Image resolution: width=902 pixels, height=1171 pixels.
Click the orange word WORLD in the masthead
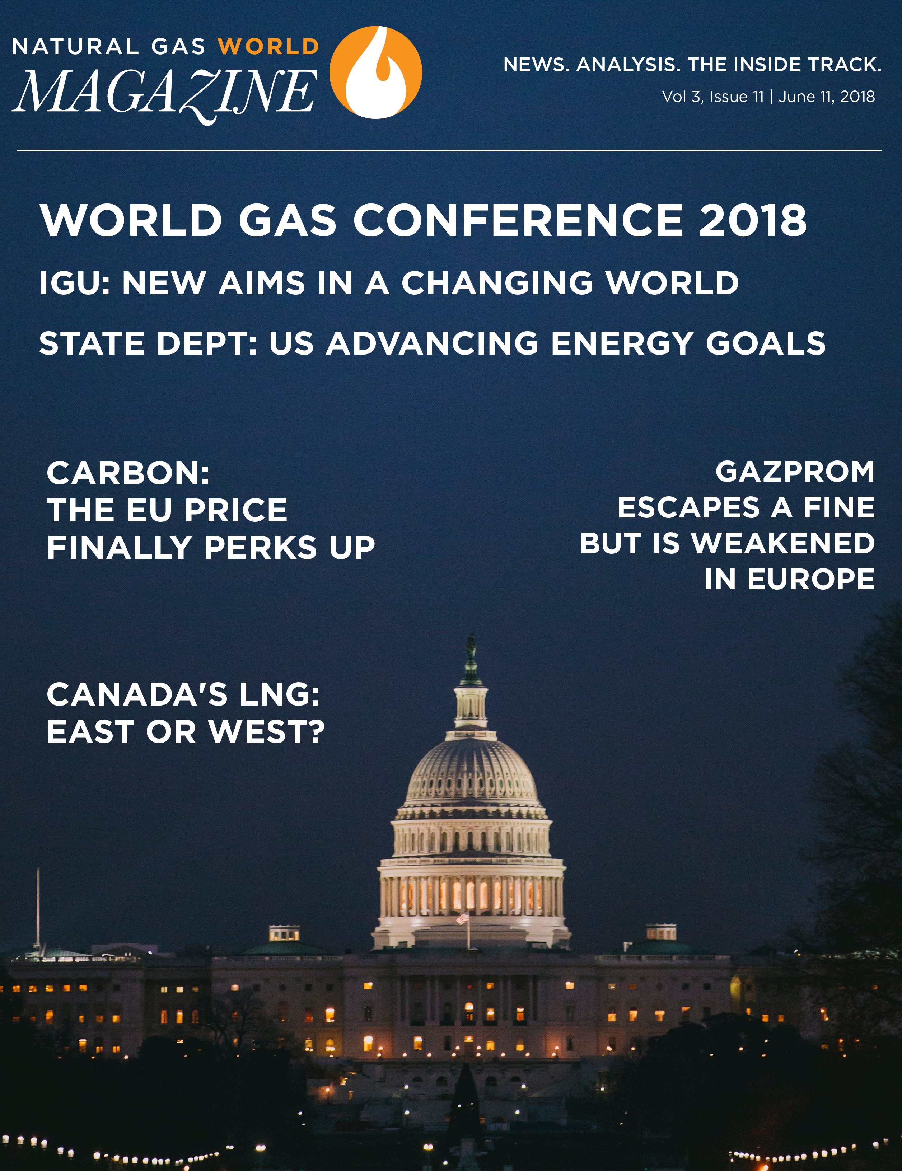click(x=269, y=47)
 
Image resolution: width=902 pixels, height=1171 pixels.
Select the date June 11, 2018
click(x=826, y=97)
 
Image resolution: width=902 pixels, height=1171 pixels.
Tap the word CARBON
click(x=128, y=473)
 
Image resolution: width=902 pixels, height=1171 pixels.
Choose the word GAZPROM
click(x=795, y=472)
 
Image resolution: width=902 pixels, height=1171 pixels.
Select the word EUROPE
click(x=811, y=579)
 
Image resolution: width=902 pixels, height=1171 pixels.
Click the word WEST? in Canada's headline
click(x=267, y=731)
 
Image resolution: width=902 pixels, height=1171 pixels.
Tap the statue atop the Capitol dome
click(x=471, y=646)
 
